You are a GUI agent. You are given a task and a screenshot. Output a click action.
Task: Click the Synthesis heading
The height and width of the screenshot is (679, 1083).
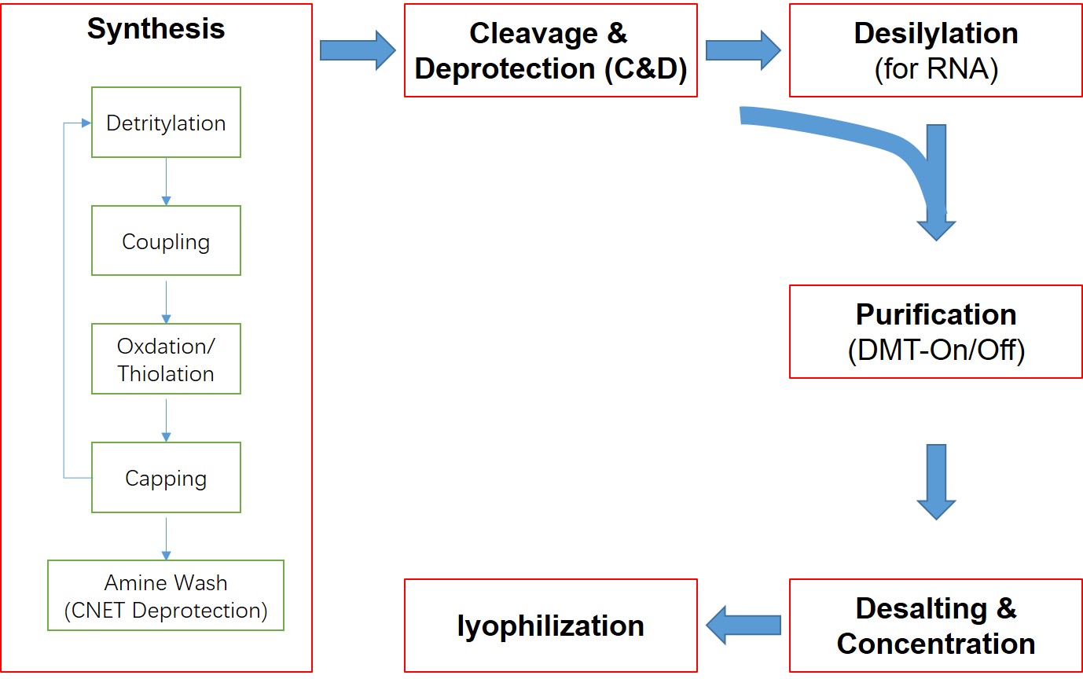pyautogui.click(x=156, y=29)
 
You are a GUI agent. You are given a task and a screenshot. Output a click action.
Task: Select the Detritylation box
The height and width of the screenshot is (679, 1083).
pyautogui.click(x=166, y=123)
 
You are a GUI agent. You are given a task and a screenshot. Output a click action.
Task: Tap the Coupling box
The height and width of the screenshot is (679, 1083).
pyautogui.click(x=166, y=240)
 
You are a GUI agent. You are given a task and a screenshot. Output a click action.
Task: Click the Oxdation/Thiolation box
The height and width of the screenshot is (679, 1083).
pyautogui.click(x=166, y=359)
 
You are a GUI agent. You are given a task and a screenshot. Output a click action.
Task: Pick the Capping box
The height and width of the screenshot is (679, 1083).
pyautogui.click(x=166, y=478)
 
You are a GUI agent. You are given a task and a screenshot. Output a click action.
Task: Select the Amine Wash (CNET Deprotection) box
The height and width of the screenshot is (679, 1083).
pyautogui.click(x=166, y=596)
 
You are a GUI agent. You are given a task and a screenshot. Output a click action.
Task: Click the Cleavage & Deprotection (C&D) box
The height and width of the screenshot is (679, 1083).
pyautogui.click(x=550, y=50)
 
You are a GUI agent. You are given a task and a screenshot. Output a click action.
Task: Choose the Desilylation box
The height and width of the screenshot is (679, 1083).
pyautogui.click(x=935, y=50)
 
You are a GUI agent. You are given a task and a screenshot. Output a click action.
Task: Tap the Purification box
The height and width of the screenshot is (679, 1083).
pyautogui.click(x=935, y=331)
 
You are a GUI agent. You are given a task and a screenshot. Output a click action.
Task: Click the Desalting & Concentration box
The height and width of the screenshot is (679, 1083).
pyautogui.click(x=935, y=626)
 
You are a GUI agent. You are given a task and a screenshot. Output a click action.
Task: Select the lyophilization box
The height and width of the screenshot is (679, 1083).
pyautogui.click(x=550, y=626)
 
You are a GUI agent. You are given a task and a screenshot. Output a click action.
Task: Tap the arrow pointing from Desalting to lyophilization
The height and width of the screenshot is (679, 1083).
pyautogui.click(x=743, y=626)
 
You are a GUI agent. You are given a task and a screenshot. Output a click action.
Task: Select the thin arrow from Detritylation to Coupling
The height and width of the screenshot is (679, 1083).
pyautogui.click(x=166, y=182)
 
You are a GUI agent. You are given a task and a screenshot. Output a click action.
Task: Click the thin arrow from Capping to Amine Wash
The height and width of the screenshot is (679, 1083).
pyautogui.click(x=166, y=536)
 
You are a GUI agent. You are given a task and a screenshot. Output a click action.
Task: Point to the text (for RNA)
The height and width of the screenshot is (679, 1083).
pyautogui.click(x=935, y=69)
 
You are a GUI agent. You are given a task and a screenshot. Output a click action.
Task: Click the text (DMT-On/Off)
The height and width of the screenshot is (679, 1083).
pyautogui.click(x=935, y=351)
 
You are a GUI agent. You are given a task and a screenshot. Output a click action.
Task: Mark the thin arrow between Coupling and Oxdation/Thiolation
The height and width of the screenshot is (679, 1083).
pyautogui.click(x=166, y=299)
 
